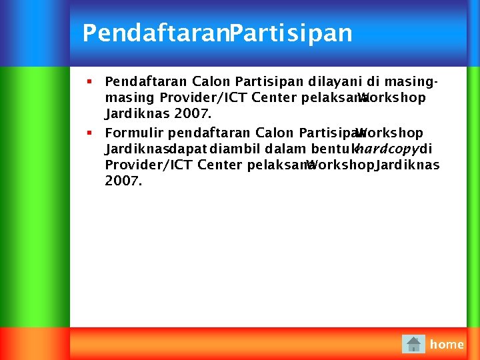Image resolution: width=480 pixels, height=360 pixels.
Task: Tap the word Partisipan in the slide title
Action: [290, 33]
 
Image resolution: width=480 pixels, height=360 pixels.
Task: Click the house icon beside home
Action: [413, 344]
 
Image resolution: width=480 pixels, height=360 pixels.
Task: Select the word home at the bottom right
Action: [447, 345]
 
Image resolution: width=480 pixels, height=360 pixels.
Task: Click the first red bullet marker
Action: [89, 82]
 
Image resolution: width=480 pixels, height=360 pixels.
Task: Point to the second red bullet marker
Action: [89, 133]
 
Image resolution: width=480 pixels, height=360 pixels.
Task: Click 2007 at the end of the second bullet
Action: [123, 181]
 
